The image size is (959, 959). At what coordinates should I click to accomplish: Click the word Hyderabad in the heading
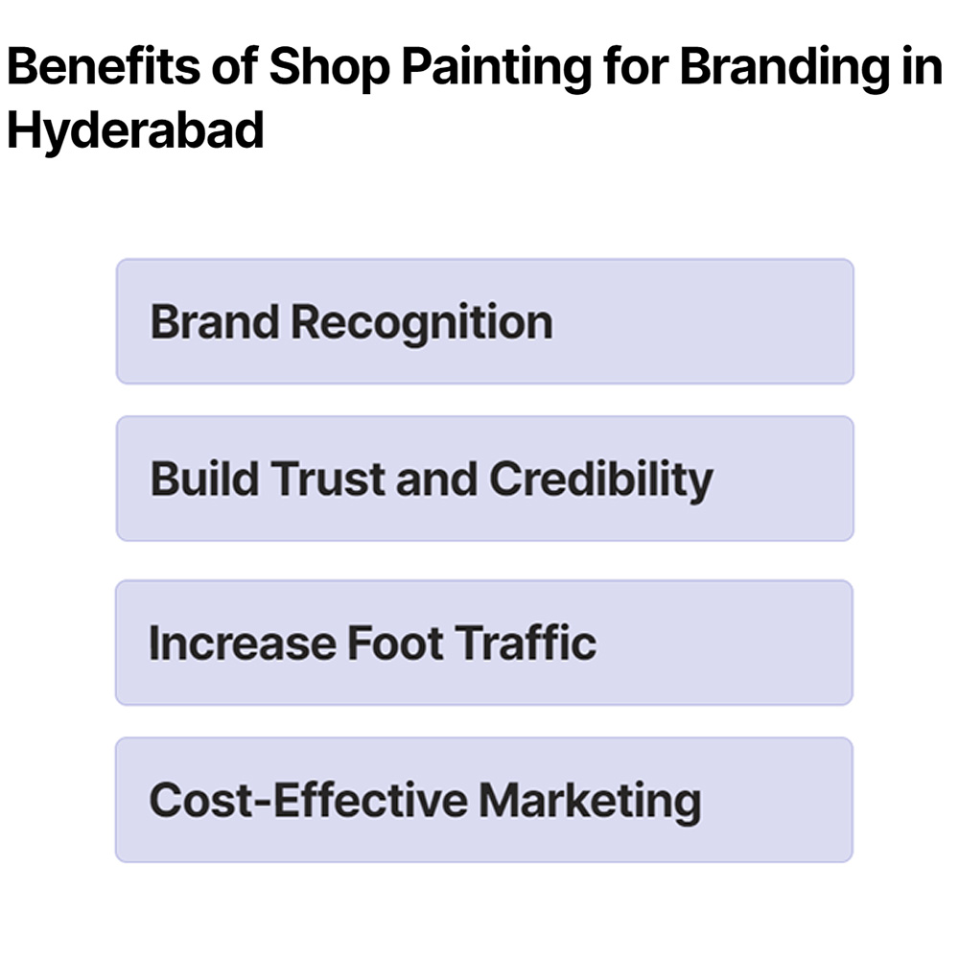(135, 130)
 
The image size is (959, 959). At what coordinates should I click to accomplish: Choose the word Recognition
(421, 322)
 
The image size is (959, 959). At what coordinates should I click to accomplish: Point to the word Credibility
(601, 479)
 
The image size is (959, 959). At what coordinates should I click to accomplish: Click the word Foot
(392, 643)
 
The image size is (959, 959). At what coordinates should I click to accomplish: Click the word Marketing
(590, 800)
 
